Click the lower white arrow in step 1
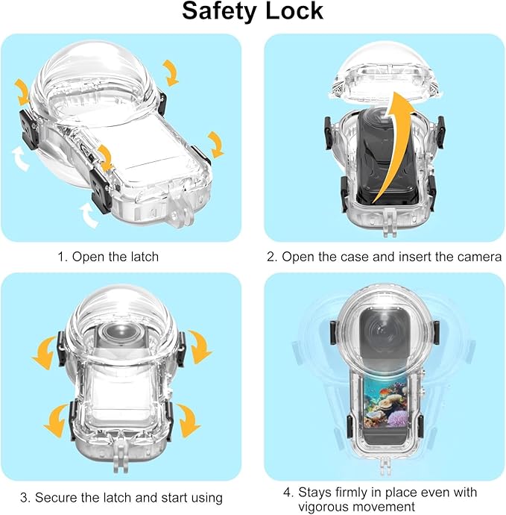(x=87, y=216)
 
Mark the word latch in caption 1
(x=144, y=257)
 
